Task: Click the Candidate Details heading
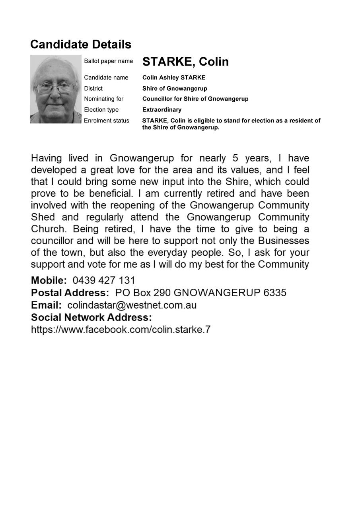click(x=80, y=44)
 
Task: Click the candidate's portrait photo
click(x=56, y=89)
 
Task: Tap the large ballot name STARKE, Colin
click(x=185, y=62)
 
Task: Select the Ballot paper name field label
click(x=108, y=61)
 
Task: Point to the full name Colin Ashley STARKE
click(x=174, y=78)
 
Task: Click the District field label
click(x=93, y=88)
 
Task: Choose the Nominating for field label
click(x=103, y=99)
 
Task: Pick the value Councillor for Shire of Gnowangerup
click(x=195, y=99)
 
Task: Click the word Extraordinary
click(x=162, y=110)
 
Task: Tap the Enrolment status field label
click(x=106, y=120)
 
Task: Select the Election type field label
click(x=101, y=110)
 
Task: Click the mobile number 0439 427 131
click(x=104, y=280)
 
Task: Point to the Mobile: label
click(x=49, y=280)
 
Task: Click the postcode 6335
click(x=275, y=293)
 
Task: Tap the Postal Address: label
click(x=70, y=293)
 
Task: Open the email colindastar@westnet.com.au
click(x=132, y=305)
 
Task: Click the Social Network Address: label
click(x=91, y=317)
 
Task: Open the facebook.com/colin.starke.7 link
click(x=121, y=330)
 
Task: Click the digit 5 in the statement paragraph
click(x=235, y=158)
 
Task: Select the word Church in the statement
click(x=48, y=229)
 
